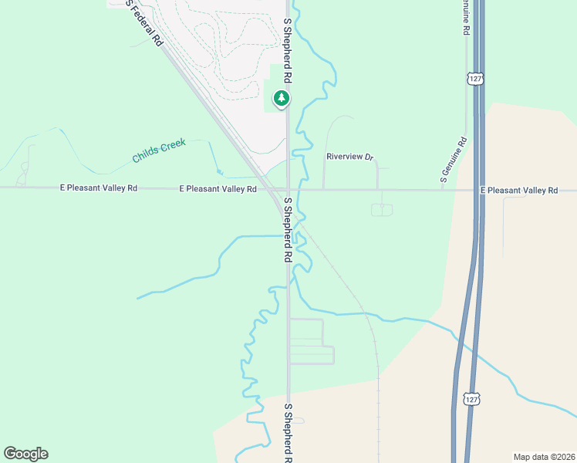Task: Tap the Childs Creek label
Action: tap(159, 152)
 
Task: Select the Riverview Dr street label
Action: tap(349, 157)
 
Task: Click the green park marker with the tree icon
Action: tap(282, 99)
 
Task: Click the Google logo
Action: tap(25, 454)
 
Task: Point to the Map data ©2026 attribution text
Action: tap(544, 456)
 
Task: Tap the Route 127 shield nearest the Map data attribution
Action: tap(473, 399)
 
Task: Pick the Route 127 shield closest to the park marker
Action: tap(474, 79)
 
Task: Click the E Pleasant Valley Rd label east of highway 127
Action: tap(518, 190)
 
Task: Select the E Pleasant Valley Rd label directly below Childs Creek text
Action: tap(218, 188)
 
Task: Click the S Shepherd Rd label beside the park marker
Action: tap(287, 52)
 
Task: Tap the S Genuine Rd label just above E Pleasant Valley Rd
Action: tap(453, 161)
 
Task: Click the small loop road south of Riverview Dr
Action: tap(382, 210)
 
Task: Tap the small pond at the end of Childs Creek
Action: tap(219, 172)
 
